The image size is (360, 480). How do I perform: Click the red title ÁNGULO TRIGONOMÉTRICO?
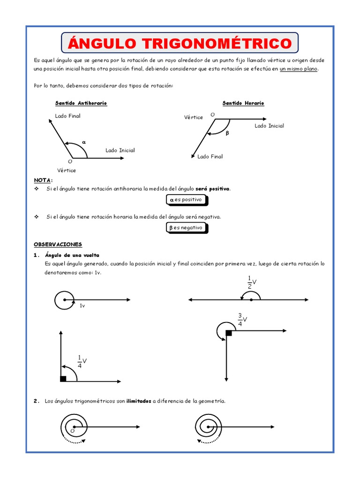(x=180, y=44)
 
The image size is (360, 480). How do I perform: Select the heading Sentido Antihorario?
(x=81, y=103)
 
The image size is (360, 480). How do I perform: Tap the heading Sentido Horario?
(x=243, y=103)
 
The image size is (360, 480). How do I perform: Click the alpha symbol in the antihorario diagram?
(x=84, y=142)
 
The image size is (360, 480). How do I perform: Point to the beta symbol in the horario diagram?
(x=227, y=133)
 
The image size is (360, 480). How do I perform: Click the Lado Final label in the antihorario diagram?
(x=68, y=116)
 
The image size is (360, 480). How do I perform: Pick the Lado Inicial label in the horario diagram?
(x=269, y=126)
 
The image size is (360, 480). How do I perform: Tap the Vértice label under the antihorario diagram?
(x=67, y=170)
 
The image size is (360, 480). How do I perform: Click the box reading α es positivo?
(x=186, y=200)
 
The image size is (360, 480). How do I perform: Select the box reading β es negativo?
(x=186, y=228)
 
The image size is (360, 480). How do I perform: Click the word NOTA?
(x=43, y=180)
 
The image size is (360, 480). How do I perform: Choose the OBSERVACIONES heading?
(x=58, y=244)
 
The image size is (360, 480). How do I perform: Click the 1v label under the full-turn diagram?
(x=82, y=306)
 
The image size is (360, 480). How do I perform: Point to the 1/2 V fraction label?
(x=252, y=283)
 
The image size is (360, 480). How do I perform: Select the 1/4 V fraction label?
(x=82, y=361)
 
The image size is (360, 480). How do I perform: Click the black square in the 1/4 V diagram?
(x=63, y=379)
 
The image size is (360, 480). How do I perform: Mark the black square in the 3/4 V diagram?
(x=229, y=333)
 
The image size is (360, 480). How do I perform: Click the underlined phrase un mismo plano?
(x=299, y=69)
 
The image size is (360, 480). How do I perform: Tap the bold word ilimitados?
(x=138, y=401)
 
